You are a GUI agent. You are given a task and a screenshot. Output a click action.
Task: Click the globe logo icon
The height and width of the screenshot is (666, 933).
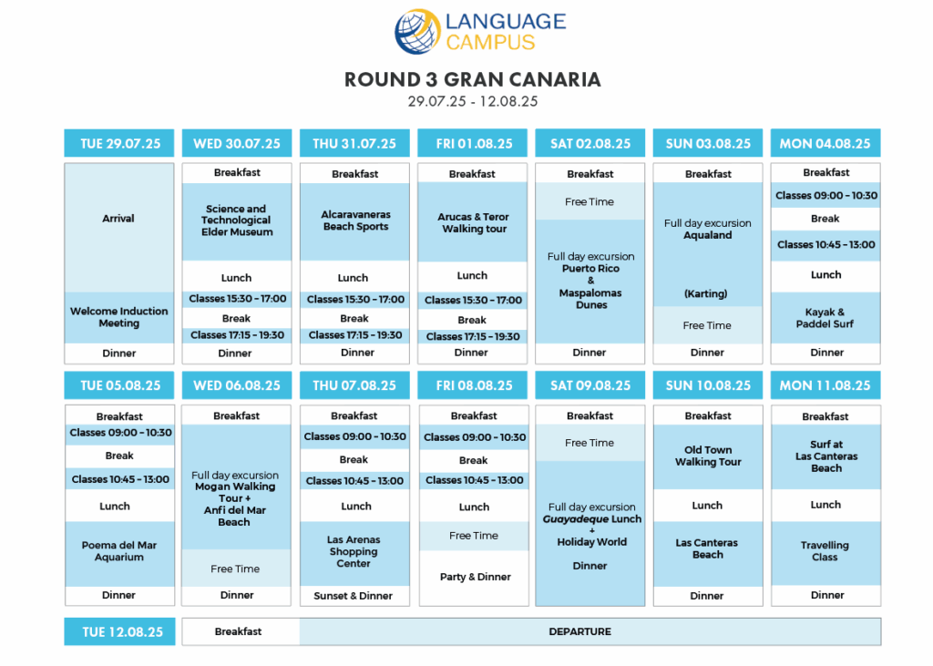click(417, 31)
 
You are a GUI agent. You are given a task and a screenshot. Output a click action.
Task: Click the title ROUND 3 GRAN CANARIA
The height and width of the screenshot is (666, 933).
click(473, 80)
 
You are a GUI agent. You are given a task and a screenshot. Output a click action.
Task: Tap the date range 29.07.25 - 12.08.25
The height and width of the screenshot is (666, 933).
click(473, 101)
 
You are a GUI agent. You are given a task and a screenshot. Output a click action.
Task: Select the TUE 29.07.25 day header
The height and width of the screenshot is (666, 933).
click(119, 143)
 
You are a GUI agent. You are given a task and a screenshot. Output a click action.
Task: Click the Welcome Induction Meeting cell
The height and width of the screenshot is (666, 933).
click(119, 317)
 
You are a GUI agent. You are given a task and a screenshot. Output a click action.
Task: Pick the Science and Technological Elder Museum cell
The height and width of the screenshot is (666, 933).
click(237, 220)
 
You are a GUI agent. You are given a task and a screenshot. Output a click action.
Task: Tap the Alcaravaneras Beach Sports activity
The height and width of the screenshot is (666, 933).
click(355, 220)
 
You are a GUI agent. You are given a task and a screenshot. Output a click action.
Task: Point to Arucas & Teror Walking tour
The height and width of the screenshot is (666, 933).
click(474, 222)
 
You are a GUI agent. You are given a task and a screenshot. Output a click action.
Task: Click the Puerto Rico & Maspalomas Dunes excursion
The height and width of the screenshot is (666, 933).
click(590, 281)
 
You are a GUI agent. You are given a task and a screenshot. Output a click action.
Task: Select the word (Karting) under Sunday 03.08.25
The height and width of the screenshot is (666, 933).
click(706, 293)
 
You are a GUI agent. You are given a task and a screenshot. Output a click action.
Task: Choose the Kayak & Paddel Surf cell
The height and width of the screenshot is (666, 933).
click(825, 318)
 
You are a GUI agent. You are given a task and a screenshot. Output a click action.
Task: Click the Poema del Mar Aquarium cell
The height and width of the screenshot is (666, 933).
click(119, 551)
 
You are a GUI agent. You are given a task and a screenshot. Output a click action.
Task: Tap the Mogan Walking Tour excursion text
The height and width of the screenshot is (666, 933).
click(235, 498)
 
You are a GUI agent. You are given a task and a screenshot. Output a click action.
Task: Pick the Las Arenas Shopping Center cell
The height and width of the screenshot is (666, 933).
click(354, 552)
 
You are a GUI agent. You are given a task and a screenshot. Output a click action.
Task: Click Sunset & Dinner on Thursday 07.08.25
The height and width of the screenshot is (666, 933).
click(354, 596)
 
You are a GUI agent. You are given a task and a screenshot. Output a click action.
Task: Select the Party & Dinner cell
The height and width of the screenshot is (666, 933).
click(474, 577)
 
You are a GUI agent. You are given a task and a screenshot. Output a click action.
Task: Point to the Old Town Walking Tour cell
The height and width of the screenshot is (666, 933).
click(708, 456)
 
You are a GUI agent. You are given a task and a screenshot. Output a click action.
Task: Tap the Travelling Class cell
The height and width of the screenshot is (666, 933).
click(825, 551)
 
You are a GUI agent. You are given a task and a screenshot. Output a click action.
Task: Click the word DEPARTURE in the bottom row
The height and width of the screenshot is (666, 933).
click(580, 631)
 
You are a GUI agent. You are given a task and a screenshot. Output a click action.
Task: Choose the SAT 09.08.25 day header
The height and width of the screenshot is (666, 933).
click(590, 385)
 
